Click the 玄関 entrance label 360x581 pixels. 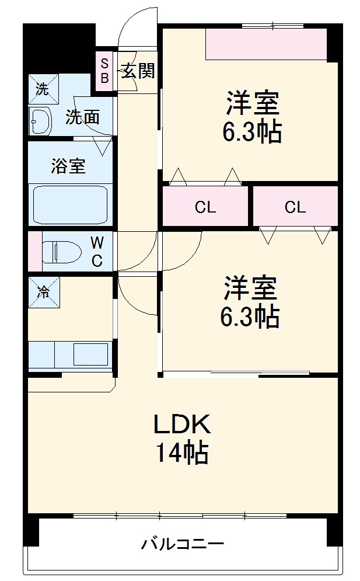tap(138, 71)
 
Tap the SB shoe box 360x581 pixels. tap(105, 70)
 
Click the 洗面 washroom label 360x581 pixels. tap(82, 117)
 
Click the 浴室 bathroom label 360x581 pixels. tap(68, 166)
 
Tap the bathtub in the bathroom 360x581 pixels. tap(70, 204)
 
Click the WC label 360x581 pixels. tap(97, 251)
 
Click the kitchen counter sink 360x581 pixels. tap(90, 354)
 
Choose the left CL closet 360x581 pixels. tap(205, 207)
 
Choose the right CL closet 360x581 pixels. tap(295, 207)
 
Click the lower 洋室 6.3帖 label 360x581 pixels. tap(250, 302)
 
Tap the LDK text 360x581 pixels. tap(181, 425)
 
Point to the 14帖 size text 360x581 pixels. tap(181, 453)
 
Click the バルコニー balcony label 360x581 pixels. tap(182, 545)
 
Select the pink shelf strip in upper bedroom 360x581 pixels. tap(266, 44)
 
